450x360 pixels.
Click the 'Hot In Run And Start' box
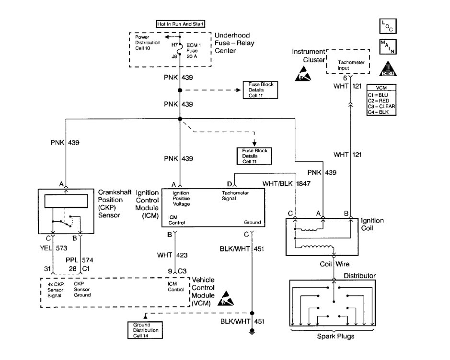pyautogui.click(x=180, y=23)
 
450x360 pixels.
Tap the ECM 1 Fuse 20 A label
pyautogui.click(x=192, y=49)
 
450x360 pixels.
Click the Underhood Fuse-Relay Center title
pyautogui.click(x=235, y=43)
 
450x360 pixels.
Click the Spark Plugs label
pyautogui.click(x=334, y=337)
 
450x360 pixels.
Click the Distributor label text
pyautogui.click(x=360, y=276)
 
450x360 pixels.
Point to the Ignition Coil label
pyautogui.click(x=373, y=225)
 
